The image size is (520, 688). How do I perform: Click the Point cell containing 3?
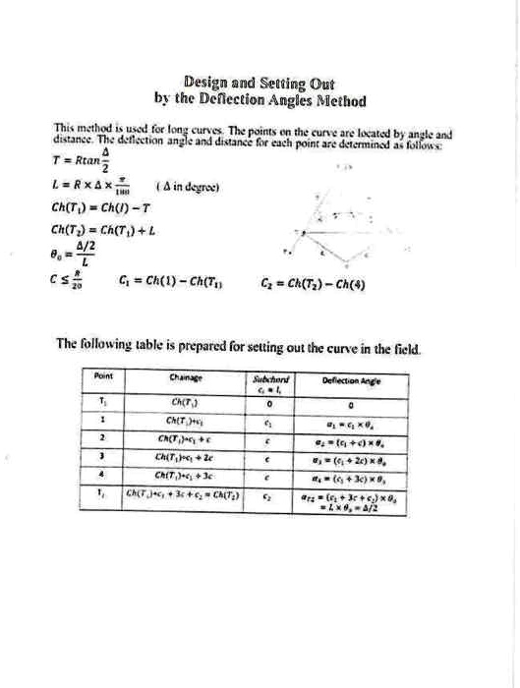click(x=103, y=456)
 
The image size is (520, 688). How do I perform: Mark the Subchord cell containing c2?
click(x=265, y=497)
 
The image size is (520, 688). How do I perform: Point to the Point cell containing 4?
click(x=103, y=476)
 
